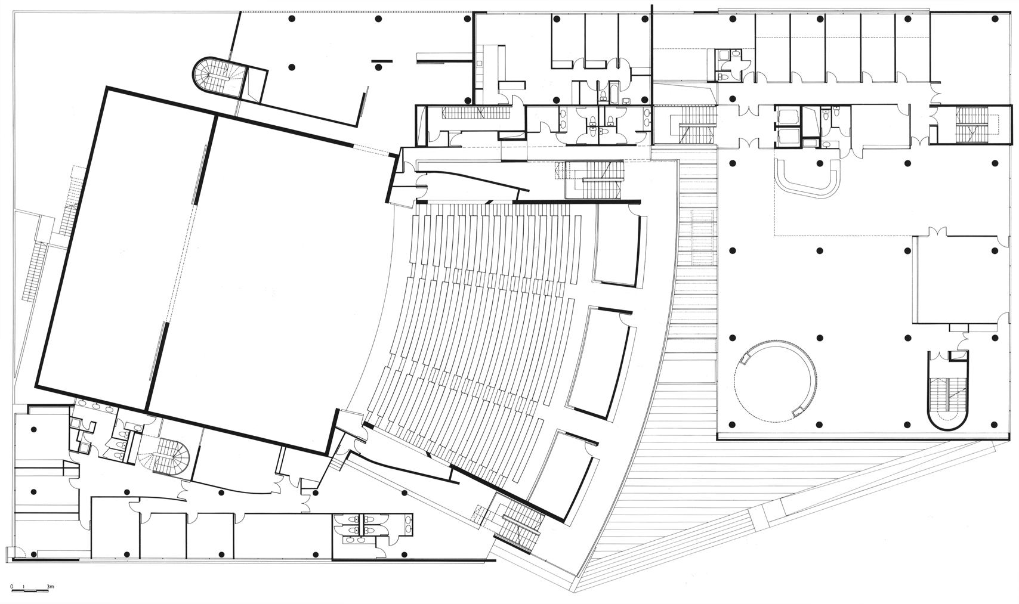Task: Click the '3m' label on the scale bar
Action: coord(51,587)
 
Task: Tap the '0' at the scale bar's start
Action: coord(12,587)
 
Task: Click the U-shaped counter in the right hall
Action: coord(807,178)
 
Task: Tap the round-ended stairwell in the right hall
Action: coord(948,390)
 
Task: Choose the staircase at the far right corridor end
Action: coord(972,123)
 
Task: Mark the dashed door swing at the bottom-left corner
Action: coord(14,552)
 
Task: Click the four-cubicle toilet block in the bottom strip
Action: coord(357,528)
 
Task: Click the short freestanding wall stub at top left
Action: coord(381,61)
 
